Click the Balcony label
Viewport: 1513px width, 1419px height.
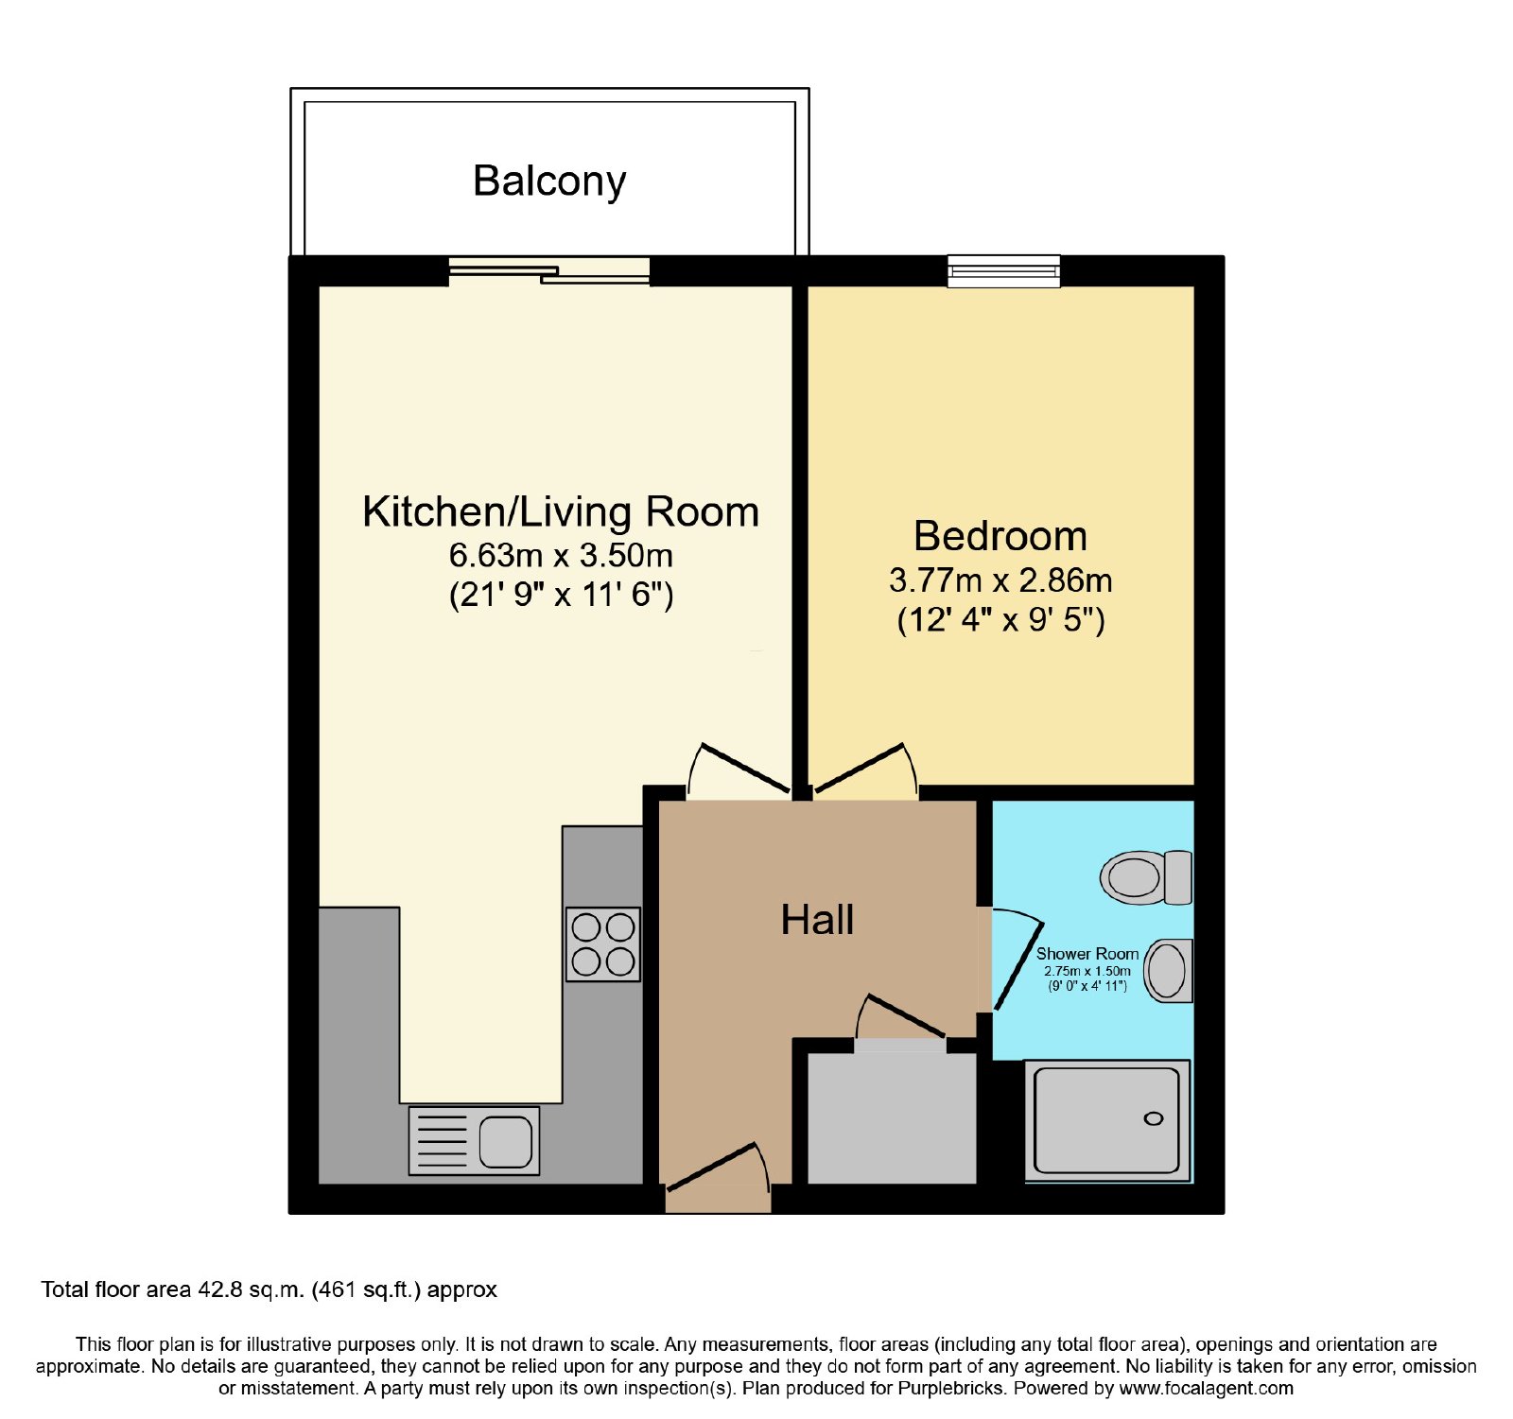pyautogui.click(x=549, y=182)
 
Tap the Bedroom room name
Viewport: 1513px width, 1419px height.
pyautogui.click(x=1000, y=536)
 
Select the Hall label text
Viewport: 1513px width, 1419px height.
pyautogui.click(x=817, y=920)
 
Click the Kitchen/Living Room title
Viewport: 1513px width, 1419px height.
pyautogui.click(x=561, y=512)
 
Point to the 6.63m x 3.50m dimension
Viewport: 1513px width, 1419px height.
pyautogui.click(x=561, y=555)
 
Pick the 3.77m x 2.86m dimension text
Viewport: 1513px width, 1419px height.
pyautogui.click(x=1000, y=580)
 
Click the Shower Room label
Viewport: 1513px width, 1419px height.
pyautogui.click(x=1087, y=954)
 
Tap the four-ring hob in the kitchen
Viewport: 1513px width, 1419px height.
pyautogui.click(x=603, y=944)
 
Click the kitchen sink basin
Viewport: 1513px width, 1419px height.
pyautogui.click(x=505, y=1141)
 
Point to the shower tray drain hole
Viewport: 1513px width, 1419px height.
pyautogui.click(x=1154, y=1119)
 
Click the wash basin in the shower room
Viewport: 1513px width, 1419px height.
pyautogui.click(x=1169, y=971)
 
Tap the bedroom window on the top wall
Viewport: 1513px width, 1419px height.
pyautogui.click(x=1004, y=271)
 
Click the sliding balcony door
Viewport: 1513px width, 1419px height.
pyautogui.click(x=549, y=271)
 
